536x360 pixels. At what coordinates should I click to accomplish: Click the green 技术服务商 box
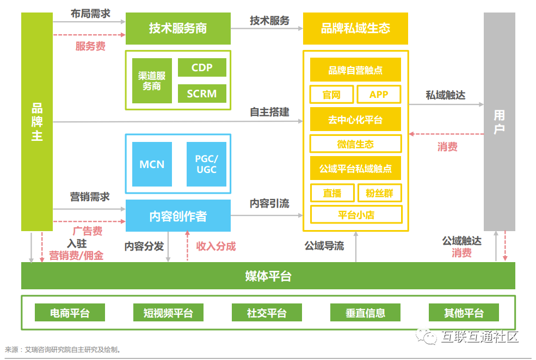(x=178, y=28)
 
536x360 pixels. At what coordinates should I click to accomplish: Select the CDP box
(x=202, y=68)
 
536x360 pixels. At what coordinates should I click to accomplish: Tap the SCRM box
(x=202, y=94)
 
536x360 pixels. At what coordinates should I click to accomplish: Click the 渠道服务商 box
(x=152, y=80)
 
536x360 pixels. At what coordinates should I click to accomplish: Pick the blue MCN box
(x=152, y=164)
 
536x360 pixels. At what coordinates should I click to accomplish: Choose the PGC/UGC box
(x=206, y=164)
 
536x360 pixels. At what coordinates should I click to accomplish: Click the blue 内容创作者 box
(x=178, y=216)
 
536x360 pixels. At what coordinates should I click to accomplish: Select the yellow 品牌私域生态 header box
(x=355, y=28)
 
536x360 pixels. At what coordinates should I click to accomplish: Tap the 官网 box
(x=331, y=95)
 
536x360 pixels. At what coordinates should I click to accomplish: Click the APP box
(x=379, y=95)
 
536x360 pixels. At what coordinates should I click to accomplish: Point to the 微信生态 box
(x=355, y=144)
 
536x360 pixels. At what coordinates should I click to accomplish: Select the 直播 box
(x=331, y=193)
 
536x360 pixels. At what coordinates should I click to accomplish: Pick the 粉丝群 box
(x=379, y=193)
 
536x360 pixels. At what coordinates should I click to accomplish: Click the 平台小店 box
(x=355, y=215)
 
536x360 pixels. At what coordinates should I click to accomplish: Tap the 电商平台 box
(x=70, y=313)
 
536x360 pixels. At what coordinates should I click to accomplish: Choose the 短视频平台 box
(x=168, y=313)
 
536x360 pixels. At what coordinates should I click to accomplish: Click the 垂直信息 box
(x=365, y=313)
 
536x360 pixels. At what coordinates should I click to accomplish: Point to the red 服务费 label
(x=90, y=46)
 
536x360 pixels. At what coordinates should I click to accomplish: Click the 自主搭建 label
(x=269, y=112)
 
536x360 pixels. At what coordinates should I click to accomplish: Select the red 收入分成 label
(x=216, y=246)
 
